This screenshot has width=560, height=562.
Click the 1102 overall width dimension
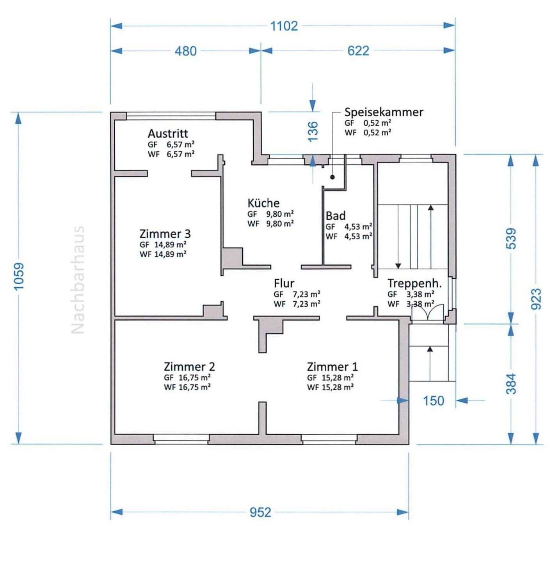click(x=284, y=26)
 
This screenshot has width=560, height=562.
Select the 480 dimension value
click(x=186, y=52)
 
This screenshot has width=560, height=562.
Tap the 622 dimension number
click(x=358, y=51)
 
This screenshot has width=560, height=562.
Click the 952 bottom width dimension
click(x=260, y=512)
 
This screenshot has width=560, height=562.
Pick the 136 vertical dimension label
click(x=313, y=132)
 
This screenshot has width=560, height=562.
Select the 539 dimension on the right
click(x=511, y=238)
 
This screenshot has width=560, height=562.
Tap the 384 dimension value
click(x=511, y=384)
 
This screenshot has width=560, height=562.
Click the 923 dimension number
click(x=536, y=299)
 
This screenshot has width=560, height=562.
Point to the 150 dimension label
click(x=434, y=401)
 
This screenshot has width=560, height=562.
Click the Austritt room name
click(x=168, y=134)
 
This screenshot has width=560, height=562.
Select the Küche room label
click(x=263, y=203)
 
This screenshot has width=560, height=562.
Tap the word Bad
click(x=336, y=216)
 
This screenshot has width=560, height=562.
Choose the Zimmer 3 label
click(x=165, y=234)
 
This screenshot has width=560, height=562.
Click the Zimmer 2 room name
click(x=189, y=366)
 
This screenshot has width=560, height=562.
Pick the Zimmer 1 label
click(x=332, y=366)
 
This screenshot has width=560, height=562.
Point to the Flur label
click(x=284, y=283)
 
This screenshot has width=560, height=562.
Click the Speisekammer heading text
click(x=384, y=112)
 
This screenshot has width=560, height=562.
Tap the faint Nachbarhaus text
click(x=78, y=280)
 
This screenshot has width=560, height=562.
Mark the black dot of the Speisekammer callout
click(x=332, y=177)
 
